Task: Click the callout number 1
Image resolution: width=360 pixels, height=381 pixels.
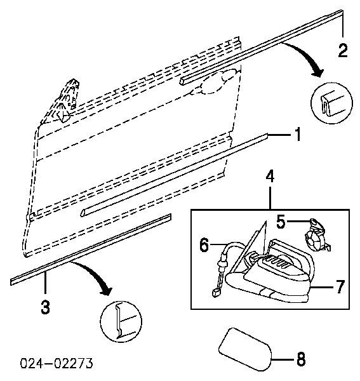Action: (298, 134)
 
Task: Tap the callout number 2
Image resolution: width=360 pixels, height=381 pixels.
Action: (343, 50)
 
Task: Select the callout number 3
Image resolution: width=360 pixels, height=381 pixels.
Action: (45, 307)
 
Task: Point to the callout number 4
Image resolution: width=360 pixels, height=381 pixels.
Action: (270, 177)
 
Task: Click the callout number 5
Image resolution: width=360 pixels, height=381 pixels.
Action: (281, 222)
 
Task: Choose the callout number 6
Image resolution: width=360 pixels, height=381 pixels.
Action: (204, 244)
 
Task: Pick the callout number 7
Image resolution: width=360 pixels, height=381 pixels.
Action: (340, 286)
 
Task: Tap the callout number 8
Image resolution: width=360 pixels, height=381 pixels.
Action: (301, 359)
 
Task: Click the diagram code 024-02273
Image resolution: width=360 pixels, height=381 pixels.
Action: (57, 363)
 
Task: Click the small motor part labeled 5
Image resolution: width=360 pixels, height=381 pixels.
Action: (317, 236)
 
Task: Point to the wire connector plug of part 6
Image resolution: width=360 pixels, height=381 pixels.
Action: (215, 293)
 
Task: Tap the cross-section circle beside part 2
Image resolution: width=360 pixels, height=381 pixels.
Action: (331, 104)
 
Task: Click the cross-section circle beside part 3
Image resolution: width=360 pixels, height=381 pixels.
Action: (121, 321)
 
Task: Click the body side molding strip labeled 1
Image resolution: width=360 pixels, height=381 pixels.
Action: (174, 175)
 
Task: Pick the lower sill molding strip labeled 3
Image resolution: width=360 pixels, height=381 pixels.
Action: (91, 250)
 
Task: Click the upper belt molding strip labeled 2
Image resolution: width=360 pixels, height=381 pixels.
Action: (262, 48)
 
